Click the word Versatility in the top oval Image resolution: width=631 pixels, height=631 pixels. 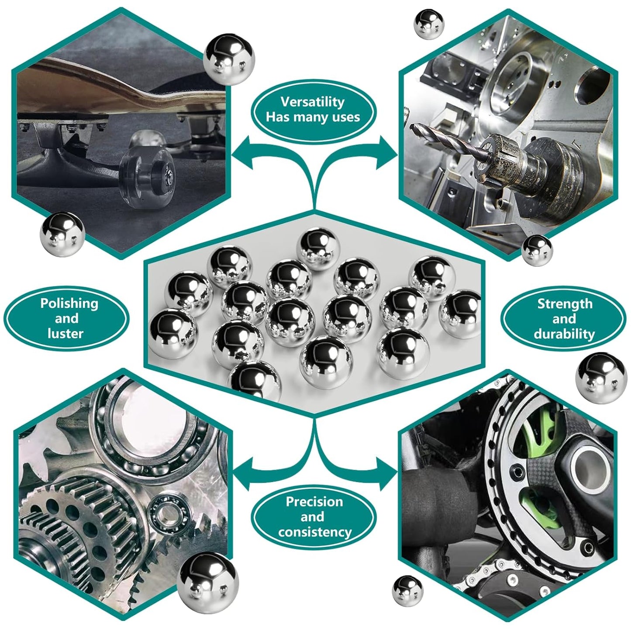(312, 102)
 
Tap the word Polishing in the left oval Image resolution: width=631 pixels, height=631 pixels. (69, 303)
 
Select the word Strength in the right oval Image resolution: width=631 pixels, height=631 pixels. (565, 303)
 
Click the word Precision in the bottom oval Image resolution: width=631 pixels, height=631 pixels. (314, 501)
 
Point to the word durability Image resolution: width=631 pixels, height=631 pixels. (564, 334)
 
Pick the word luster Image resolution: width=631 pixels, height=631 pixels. (65, 334)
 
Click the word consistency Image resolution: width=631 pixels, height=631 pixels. (314, 532)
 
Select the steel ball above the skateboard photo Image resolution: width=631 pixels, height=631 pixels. (228, 59)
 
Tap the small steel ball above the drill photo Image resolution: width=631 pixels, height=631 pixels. (429, 24)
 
